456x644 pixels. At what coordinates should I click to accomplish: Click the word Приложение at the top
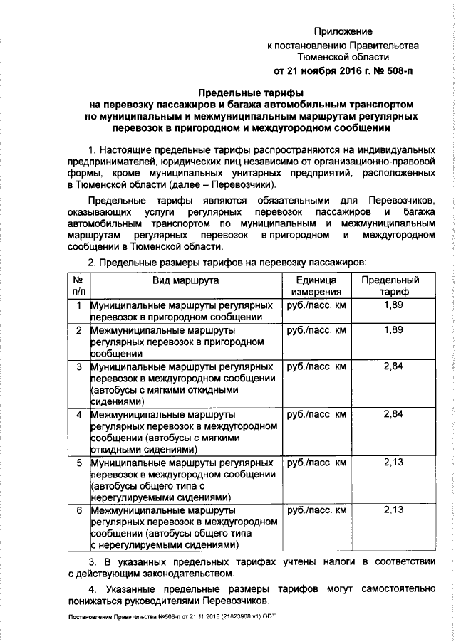pyautogui.click(x=344, y=32)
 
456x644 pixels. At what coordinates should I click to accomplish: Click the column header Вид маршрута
pyautogui.click(x=184, y=280)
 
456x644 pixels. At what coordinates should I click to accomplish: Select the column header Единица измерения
pyautogui.click(x=316, y=286)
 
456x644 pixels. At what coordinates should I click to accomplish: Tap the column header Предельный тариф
pyautogui.click(x=390, y=286)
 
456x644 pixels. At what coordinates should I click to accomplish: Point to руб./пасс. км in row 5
pyautogui.click(x=316, y=463)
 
